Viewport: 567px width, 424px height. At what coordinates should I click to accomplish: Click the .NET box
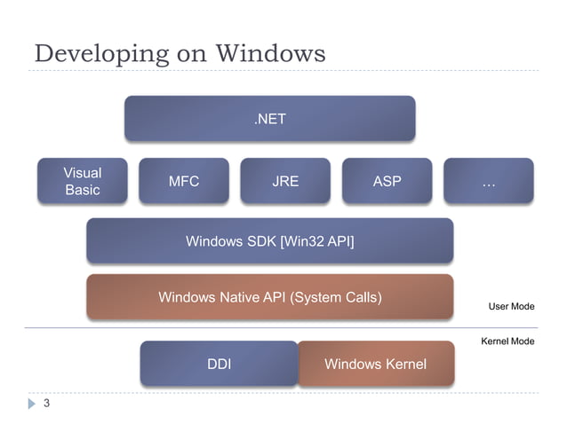(269, 119)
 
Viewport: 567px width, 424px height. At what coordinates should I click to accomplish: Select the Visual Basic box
(83, 181)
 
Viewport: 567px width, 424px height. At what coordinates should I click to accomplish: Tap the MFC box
(184, 181)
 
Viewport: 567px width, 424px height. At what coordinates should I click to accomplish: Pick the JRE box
(285, 181)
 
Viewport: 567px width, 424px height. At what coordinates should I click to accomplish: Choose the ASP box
(387, 181)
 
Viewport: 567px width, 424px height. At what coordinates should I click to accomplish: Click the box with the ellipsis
(488, 181)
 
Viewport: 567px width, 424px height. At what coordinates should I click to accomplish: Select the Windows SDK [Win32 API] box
(269, 241)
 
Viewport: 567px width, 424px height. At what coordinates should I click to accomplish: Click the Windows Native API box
(269, 297)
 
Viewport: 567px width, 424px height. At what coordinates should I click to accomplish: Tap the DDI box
(219, 364)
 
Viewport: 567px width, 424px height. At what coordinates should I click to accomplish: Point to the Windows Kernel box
(375, 364)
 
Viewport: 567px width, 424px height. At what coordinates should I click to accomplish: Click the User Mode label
(511, 306)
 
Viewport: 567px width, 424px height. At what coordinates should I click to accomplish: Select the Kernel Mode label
(507, 342)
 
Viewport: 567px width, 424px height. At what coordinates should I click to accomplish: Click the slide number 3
(45, 404)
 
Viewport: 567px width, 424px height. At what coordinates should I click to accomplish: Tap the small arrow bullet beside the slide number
(31, 404)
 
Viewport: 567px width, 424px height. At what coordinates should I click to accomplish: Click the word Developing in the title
(97, 54)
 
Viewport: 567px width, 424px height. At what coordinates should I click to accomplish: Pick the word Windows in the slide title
(269, 53)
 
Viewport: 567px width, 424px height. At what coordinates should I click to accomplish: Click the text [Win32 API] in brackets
(316, 241)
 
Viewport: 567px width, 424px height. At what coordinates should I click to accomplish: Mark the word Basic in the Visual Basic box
(83, 190)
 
